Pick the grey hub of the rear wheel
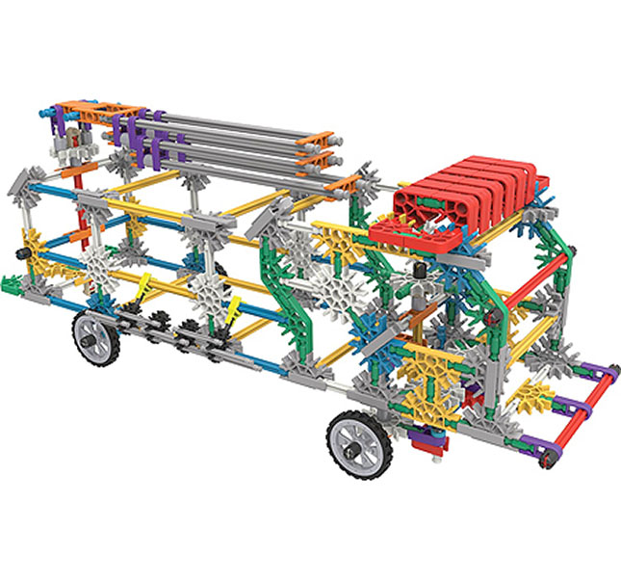pos(89,338)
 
